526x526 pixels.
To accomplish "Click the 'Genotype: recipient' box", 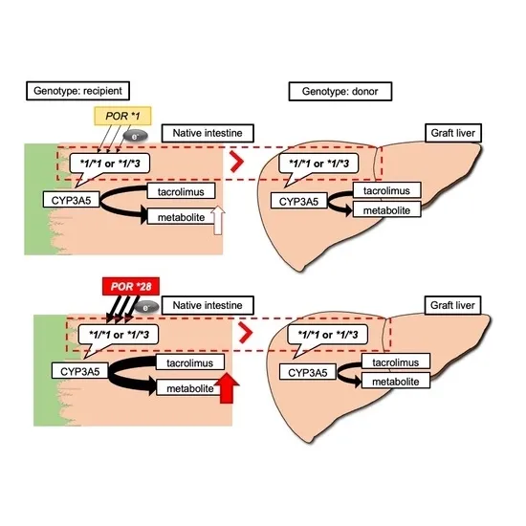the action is click(x=77, y=91).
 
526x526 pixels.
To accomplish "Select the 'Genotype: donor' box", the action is click(x=340, y=91).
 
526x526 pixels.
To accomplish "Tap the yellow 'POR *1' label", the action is click(x=122, y=116).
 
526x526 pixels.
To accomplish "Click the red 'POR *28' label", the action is click(x=131, y=287).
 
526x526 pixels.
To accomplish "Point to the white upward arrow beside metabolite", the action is click(x=218, y=220).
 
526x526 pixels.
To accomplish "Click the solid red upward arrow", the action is click(x=227, y=387).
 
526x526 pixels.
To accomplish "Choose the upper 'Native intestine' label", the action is click(x=208, y=133).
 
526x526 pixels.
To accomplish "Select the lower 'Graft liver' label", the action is click(x=452, y=305).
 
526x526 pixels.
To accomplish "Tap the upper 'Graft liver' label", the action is click(x=453, y=133).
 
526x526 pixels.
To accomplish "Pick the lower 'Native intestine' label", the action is click(x=208, y=305).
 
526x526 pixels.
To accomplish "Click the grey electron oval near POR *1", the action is click(x=135, y=137).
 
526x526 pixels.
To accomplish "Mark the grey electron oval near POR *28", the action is click(x=146, y=308).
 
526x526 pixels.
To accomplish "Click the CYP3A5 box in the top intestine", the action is click(x=71, y=200).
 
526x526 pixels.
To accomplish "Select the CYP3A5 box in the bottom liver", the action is click(x=308, y=373).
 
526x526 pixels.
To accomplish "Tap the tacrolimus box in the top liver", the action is click(x=386, y=190).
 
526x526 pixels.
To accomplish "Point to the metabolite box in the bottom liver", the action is click(x=396, y=382).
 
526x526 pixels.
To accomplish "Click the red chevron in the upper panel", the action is click(x=237, y=162).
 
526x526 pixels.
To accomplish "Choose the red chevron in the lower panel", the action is click(x=246, y=333).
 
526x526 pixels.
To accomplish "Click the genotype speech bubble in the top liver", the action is click(x=318, y=167).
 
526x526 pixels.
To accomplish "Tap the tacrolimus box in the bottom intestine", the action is click(x=190, y=362).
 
